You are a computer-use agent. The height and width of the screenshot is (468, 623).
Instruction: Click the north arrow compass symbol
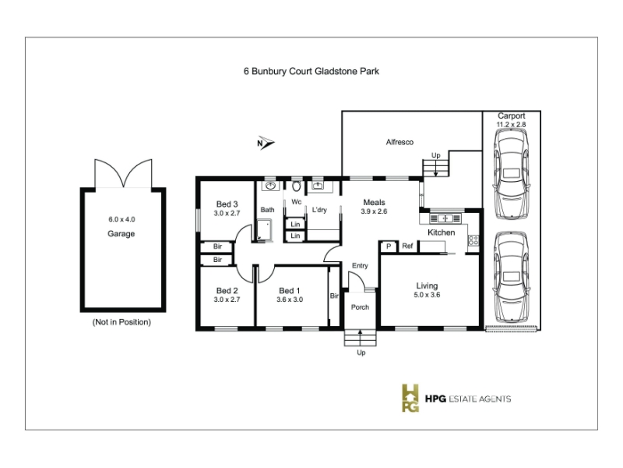[x=266, y=143]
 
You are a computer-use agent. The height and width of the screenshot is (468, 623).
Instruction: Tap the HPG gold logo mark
[x=410, y=398]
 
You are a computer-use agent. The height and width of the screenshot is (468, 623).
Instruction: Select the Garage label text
[x=121, y=233]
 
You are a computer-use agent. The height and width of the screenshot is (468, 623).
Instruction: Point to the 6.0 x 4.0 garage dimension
[x=121, y=219]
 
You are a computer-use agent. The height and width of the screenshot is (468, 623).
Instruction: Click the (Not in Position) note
[x=121, y=322]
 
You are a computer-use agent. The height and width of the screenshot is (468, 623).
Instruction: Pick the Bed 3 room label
[x=227, y=204]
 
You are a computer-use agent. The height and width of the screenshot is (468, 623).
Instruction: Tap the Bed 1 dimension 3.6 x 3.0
[x=290, y=300]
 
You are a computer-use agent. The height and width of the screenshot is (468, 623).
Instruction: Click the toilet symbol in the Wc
[x=297, y=186]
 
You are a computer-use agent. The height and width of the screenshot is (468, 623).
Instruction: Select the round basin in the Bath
[x=271, y=186]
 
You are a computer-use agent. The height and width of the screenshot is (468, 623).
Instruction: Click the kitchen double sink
[x=445, y=218]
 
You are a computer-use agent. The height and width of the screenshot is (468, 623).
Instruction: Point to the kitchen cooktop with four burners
[x=473, y=240]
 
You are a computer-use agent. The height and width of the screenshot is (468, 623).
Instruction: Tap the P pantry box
[x=389, y=246]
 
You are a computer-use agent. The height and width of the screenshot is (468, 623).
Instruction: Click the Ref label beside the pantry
[x=407, y=246]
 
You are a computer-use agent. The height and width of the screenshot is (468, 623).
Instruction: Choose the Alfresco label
[x=399, y=142]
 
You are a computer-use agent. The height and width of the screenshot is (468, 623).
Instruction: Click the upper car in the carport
[x=512, y=174]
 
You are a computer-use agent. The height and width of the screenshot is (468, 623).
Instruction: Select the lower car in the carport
[x=512, y=277]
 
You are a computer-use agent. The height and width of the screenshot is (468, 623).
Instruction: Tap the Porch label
[x=360, y=307]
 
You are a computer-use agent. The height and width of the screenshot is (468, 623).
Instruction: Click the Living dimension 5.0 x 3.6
[x=427, y=295]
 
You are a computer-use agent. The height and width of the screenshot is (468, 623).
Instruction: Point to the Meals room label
[x=375, y=203]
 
